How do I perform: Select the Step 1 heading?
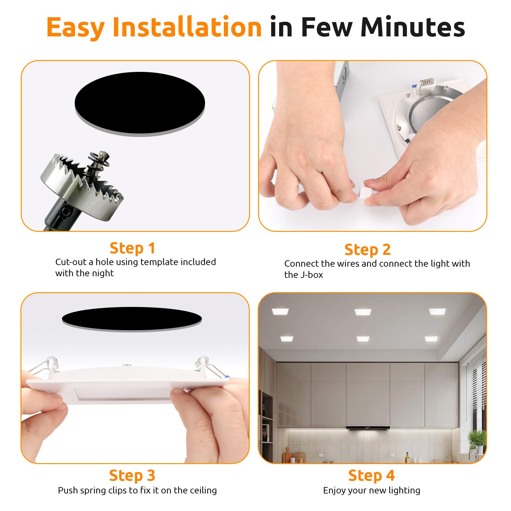coord(132,248)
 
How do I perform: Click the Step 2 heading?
coord(367,249)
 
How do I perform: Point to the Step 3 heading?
coord(132,475)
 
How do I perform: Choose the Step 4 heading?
coord(371,475)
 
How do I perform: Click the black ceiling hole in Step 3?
coord(132,318)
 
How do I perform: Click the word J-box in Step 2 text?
coord(311,275)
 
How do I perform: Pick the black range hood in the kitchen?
coord(368,428)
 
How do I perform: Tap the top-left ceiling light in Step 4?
coord(280,311)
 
